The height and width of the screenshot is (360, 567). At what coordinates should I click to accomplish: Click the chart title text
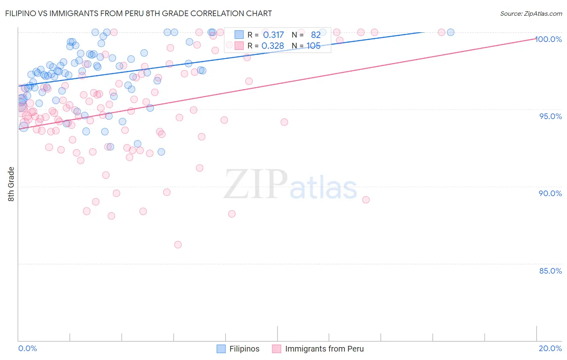[x=139, y=13]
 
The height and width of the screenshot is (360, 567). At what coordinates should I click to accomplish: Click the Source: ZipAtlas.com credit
[x=531, y=13]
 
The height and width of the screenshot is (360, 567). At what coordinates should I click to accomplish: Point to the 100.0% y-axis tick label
[x=548, y=39]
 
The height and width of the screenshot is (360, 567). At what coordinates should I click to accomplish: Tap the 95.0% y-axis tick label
[x=550, y=116]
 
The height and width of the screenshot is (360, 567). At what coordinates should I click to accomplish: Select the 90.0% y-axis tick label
[x=550, y=193]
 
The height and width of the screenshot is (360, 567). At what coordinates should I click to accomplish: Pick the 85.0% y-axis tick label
[x=550, y=271]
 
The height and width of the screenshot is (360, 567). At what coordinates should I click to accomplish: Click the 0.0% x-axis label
[x=27, y=348]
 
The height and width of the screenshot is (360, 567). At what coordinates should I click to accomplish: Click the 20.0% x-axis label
[x=550, y=348]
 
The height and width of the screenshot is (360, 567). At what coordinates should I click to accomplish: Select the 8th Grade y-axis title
[x=11, y=184]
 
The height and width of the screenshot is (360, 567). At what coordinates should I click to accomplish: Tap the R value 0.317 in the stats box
[x=273, y=35]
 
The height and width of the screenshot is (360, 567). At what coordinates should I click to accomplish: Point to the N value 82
[x=316, y=35]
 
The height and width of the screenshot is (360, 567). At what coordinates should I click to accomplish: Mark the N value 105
[x=313, y=46]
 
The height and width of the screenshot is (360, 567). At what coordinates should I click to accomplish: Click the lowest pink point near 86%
[x=178, y=245]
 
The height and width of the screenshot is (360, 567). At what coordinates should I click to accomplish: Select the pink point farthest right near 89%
[x=366, y=200]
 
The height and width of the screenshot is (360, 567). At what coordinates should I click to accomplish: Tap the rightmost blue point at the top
[x=450, y=32]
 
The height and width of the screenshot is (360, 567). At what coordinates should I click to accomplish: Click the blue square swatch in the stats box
[x=239, y=35]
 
